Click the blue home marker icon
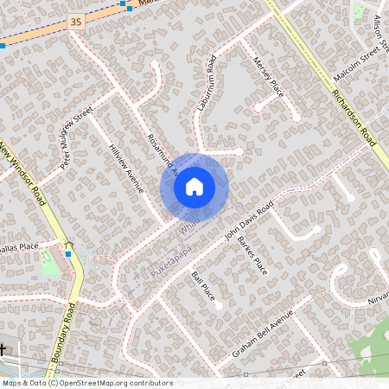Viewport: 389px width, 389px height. point(194,186)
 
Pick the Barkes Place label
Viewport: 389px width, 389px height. point(253,254)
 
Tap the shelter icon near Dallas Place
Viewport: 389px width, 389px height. point(68,246)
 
